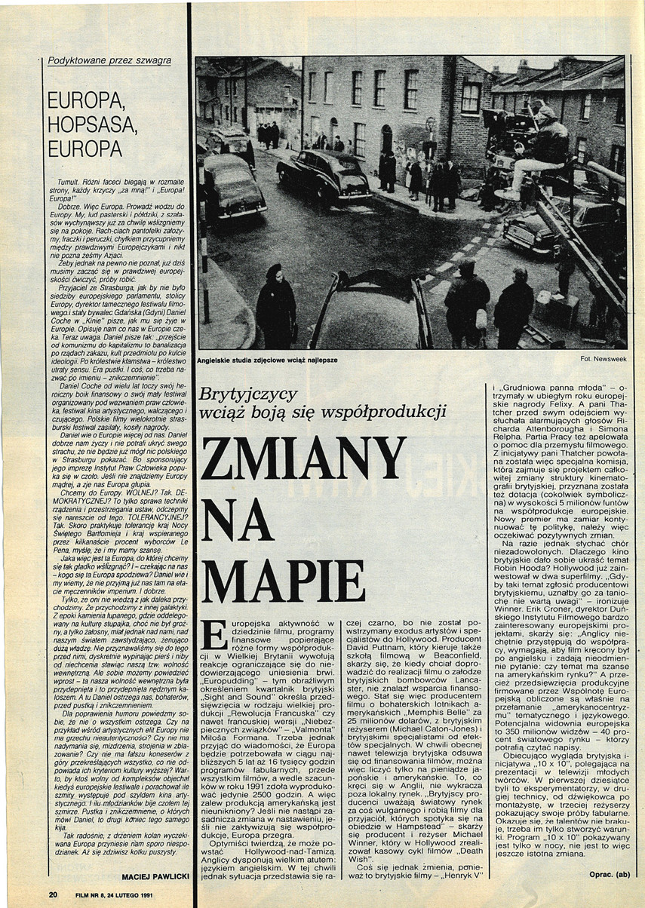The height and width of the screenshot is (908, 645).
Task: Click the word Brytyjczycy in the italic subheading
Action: pos(248,393)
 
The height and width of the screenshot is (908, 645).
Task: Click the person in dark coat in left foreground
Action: pos(275,305)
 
